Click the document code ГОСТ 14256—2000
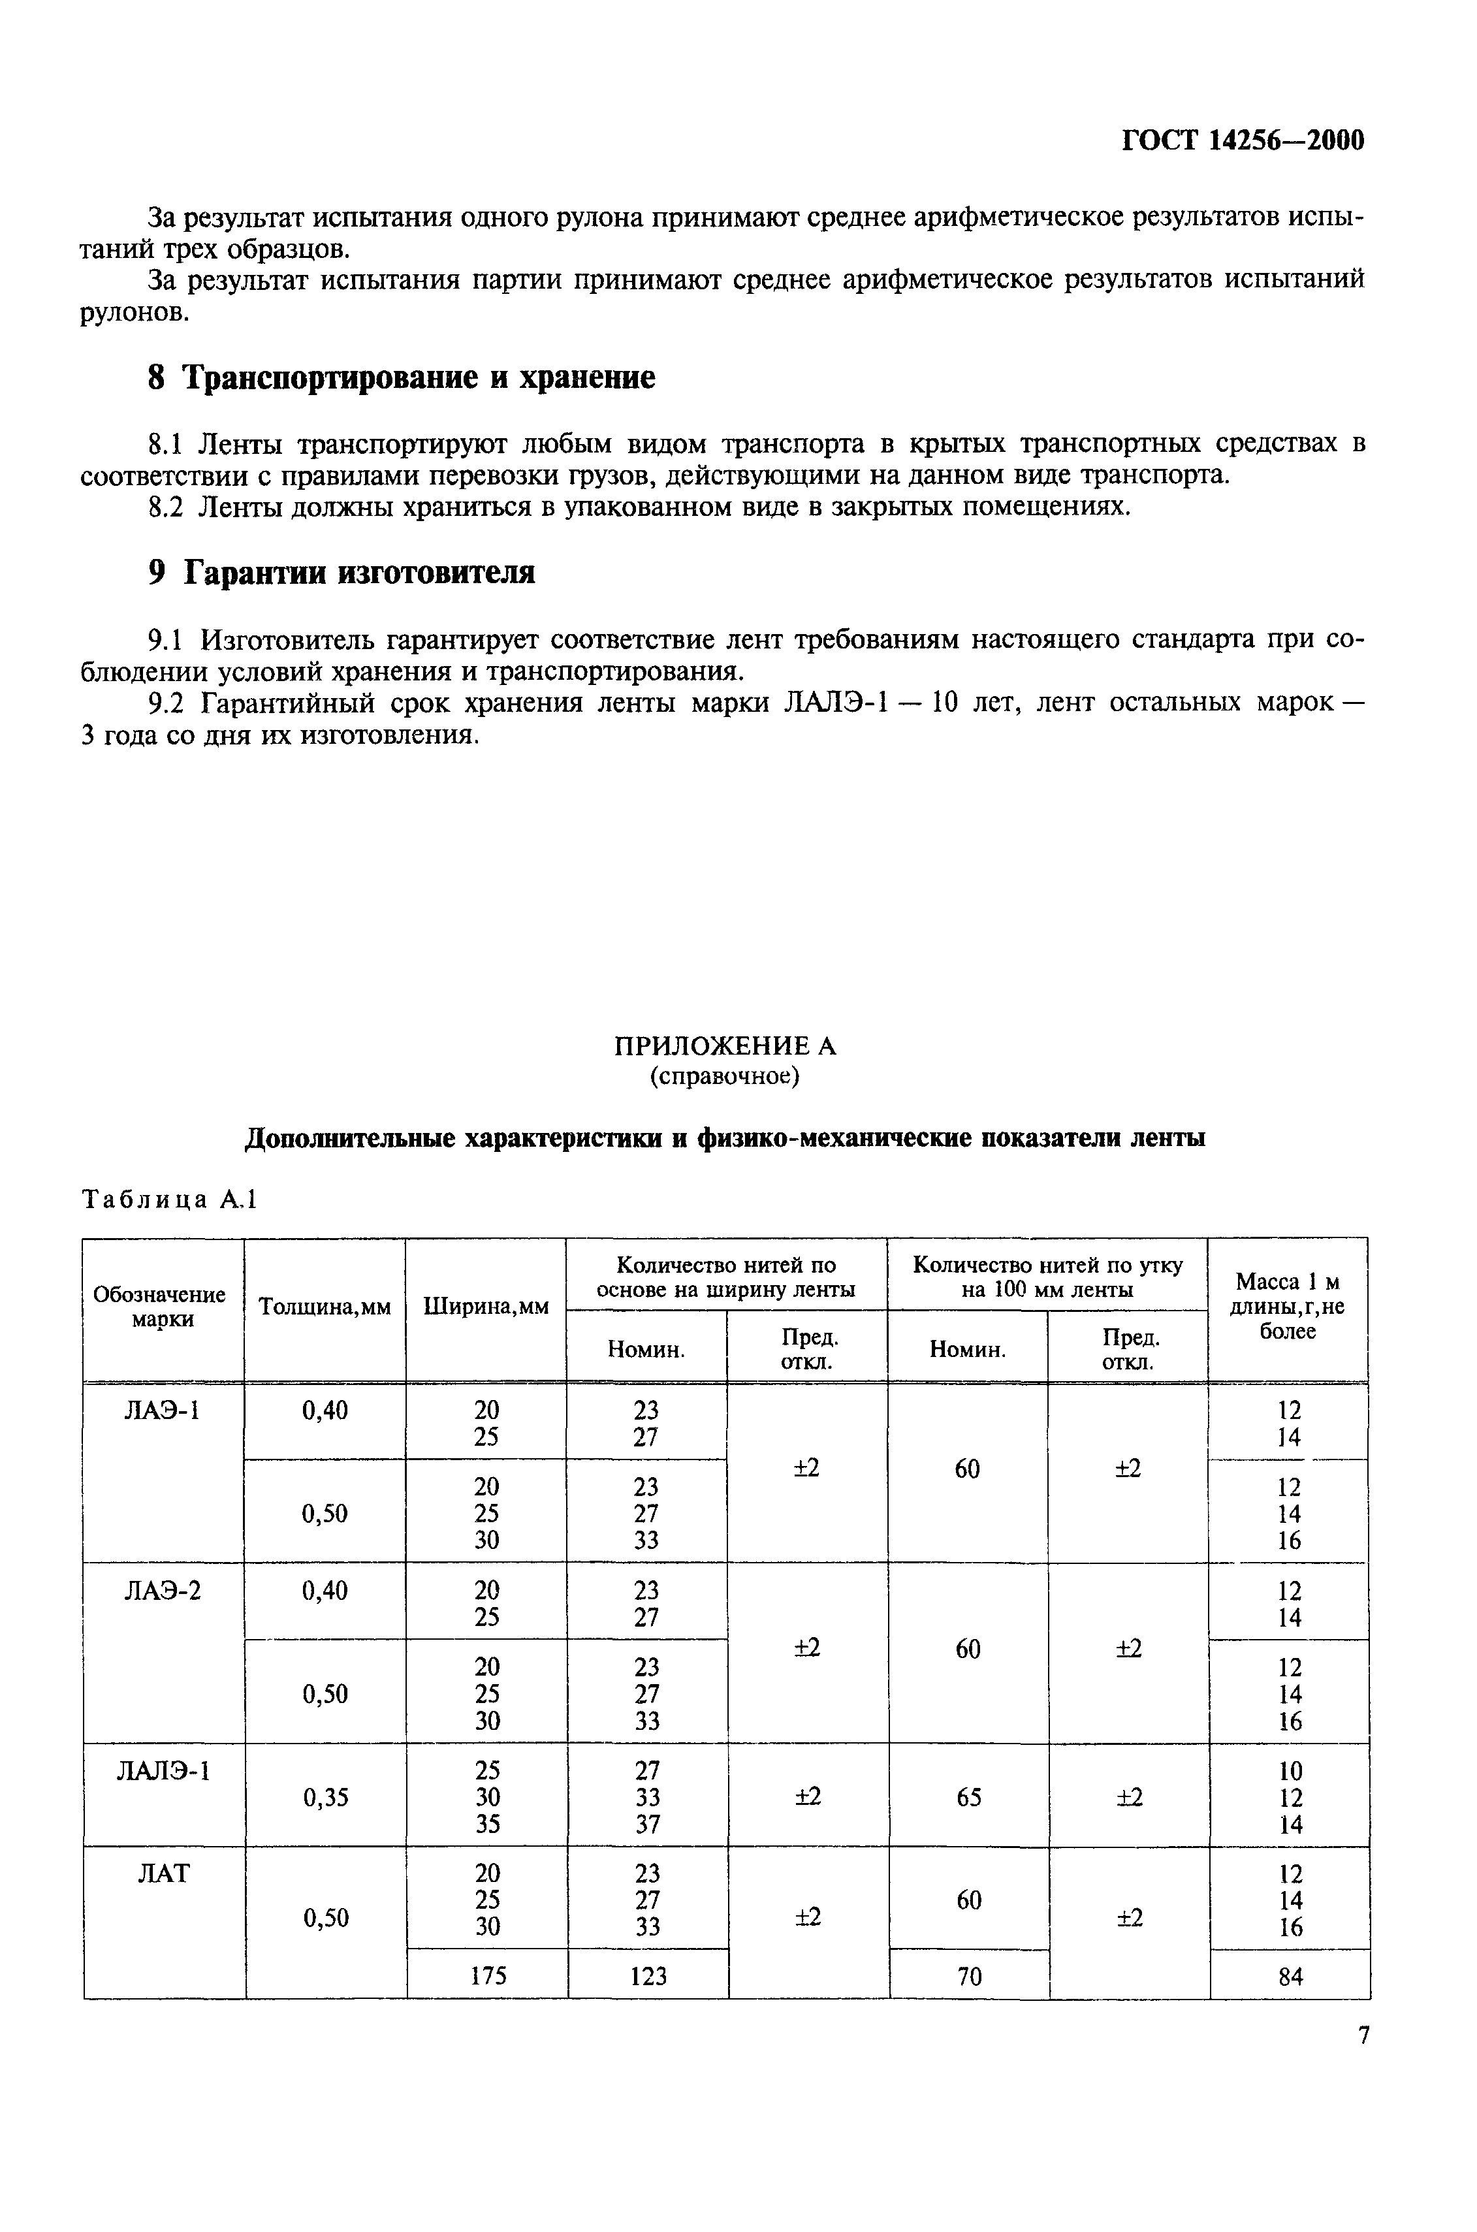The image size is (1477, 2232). click(1243, 141)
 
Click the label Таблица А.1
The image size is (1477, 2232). click(170, 1200)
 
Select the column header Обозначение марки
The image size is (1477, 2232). click(159, 1307)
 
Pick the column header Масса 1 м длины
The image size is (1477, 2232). click(1287, 1306)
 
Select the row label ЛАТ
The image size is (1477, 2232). click(163, 1874)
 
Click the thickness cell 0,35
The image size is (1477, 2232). click(325, 1798)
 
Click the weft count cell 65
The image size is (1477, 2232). click(968, 1798)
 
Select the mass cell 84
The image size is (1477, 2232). click(1290, 1978)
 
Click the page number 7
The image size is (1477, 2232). click(1363, 2036)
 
